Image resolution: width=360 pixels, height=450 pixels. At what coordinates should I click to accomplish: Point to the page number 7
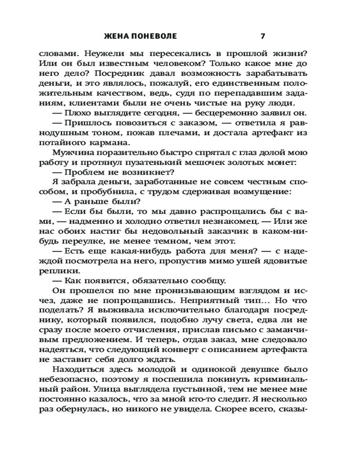click(x=263, y=36)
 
